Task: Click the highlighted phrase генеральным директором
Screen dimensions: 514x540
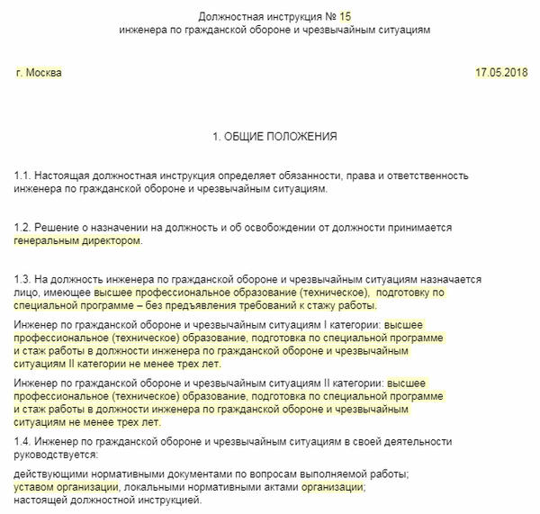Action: [77, 241]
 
